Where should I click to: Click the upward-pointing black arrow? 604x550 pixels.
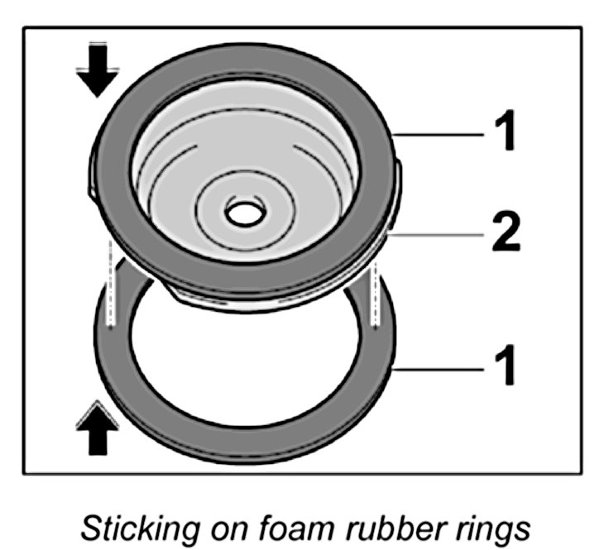(x=98, y=431)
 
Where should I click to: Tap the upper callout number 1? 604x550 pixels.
(x=502, y=132)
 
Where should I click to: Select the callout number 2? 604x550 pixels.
(x=501, y=235)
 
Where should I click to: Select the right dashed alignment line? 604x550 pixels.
(x=376, y=289)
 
